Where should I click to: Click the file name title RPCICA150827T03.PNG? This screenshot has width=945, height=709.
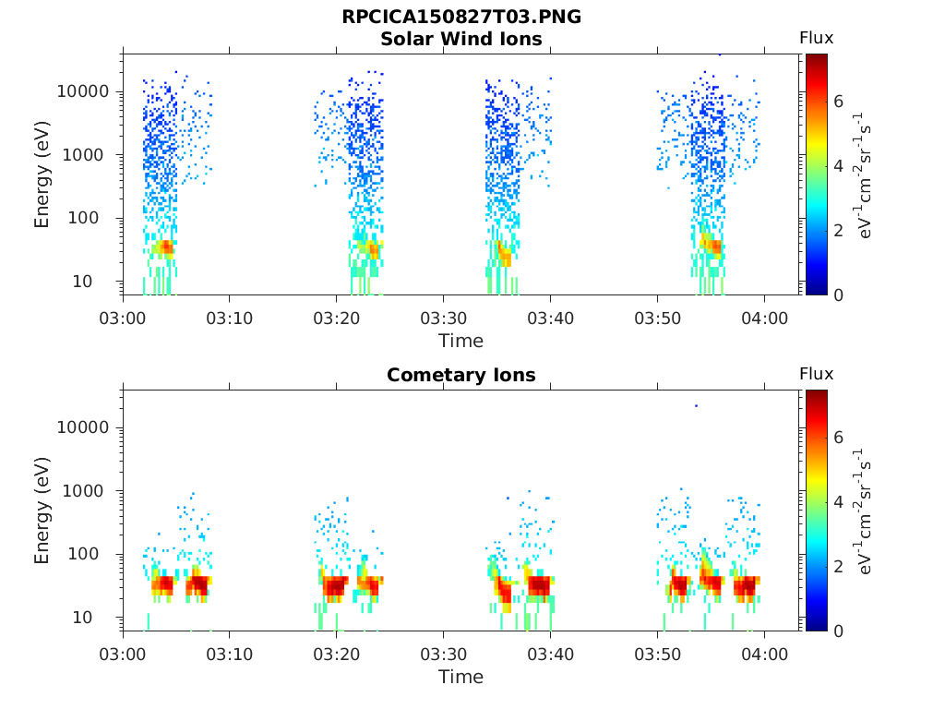click(461, 17)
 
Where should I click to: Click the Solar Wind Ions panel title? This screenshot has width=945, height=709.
click(461, 39)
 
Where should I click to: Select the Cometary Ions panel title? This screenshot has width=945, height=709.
click(461, 375)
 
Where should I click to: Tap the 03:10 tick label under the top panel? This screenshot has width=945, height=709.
click(230, 318)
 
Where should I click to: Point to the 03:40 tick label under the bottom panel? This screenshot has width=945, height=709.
click(550, 655)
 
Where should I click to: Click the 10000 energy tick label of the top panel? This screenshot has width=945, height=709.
click(83, 91)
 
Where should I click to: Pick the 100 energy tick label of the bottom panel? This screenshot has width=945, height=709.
click(83, 554)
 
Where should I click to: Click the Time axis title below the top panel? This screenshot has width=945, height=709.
click(461, 341)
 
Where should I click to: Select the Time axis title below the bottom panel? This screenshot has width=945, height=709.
click(461, 677)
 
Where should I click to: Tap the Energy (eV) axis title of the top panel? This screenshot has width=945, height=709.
click(41, 174)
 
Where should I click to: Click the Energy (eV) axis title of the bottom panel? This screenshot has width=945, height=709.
click(41, 511)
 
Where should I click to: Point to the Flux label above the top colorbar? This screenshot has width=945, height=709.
click(816, 38)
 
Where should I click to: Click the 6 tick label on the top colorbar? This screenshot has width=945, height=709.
click(838, 102)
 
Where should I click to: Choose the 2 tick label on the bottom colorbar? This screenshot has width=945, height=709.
click(838, 566)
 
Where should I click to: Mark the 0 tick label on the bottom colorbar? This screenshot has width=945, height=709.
click(838, 631)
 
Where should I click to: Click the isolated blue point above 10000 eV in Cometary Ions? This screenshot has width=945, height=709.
click(696, 406)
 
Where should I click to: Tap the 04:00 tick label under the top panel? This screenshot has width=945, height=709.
click(765, 318)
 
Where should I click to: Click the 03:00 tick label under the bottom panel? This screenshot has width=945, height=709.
click(123, 655)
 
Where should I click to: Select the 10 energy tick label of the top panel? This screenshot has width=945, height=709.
click(82, 282)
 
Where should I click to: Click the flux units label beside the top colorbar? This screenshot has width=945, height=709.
click(863, 174)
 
